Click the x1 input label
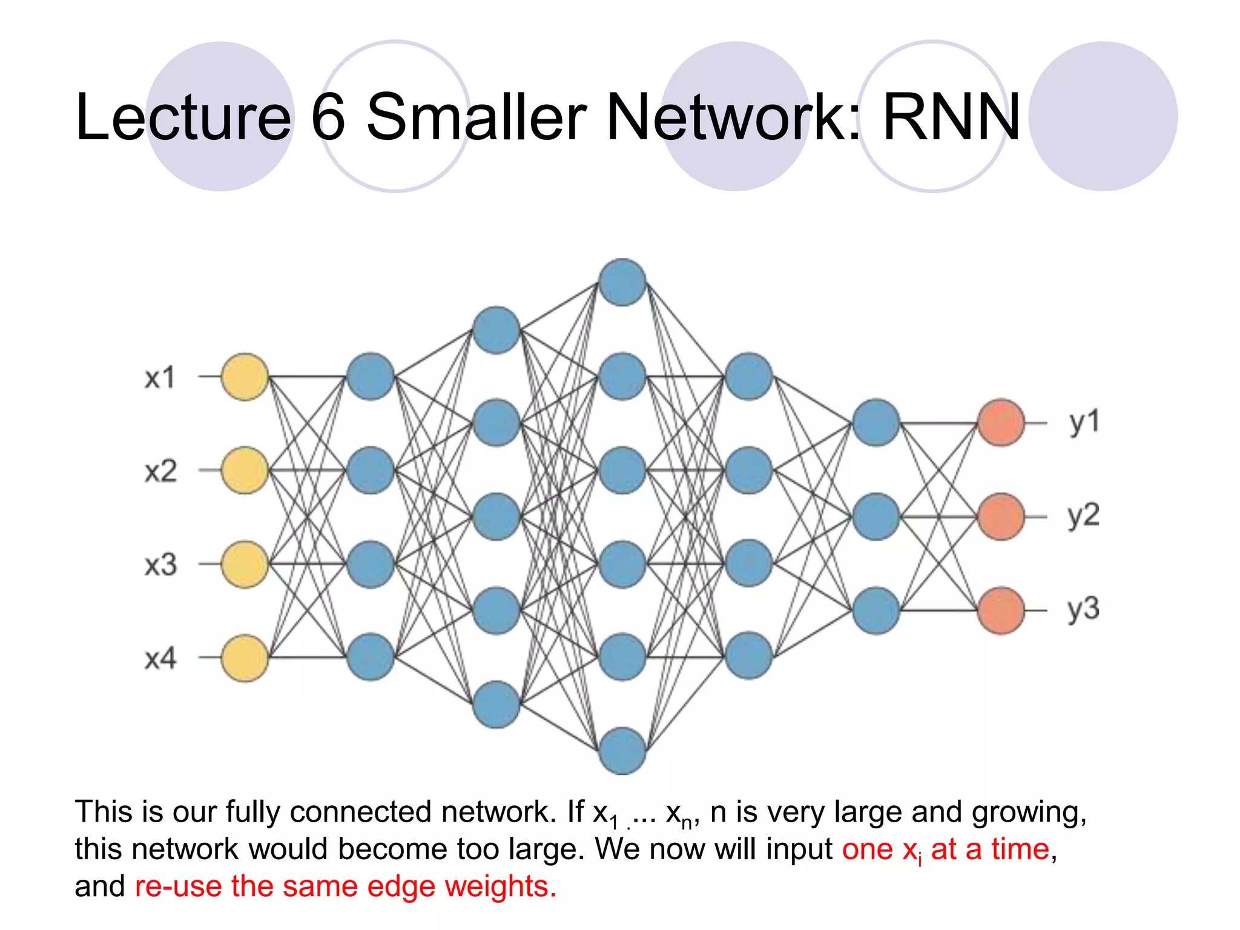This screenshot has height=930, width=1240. (x=160, y=377)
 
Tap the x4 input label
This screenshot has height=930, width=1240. (x=160, y=658)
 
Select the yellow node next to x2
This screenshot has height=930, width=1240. (x=245, y=470)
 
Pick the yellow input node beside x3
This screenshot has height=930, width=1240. (x=245, y=564)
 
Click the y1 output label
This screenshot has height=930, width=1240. (x=1083, y=422)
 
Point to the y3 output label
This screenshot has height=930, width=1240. (x=1083, y=609)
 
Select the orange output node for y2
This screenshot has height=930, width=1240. (x=1001, y=516)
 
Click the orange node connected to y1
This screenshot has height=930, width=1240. (x=1001, y=423)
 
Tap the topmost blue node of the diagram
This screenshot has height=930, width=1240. (x=622, y=282)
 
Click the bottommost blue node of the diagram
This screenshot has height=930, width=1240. (x=622, y=751)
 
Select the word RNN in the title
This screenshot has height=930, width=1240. (x=951, y=117)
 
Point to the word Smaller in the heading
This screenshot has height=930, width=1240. (x=476, y=117)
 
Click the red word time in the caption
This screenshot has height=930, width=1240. (x=1020, y=849)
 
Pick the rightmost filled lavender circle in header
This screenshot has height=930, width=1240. (x=1103, y=116)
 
